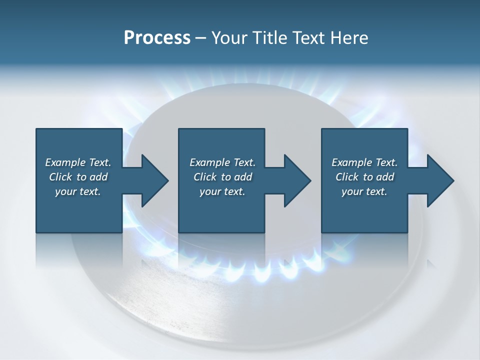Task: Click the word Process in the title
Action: tap(157, 38)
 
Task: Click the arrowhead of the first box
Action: tap(152, 180)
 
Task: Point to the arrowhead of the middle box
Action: tap(294, 180)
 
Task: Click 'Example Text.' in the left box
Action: tap(78, 162)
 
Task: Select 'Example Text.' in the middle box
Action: tap(222, 162)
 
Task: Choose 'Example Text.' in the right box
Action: tap(364, 162)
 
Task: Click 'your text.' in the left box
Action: tap(78, 191)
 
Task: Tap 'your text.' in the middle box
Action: tap(222, 191)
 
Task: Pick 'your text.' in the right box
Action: tap(364, 191)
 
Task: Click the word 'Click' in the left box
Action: tap(60, 177)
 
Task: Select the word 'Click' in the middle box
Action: tap(204, 177)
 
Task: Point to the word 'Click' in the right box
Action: tap(347, 177)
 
